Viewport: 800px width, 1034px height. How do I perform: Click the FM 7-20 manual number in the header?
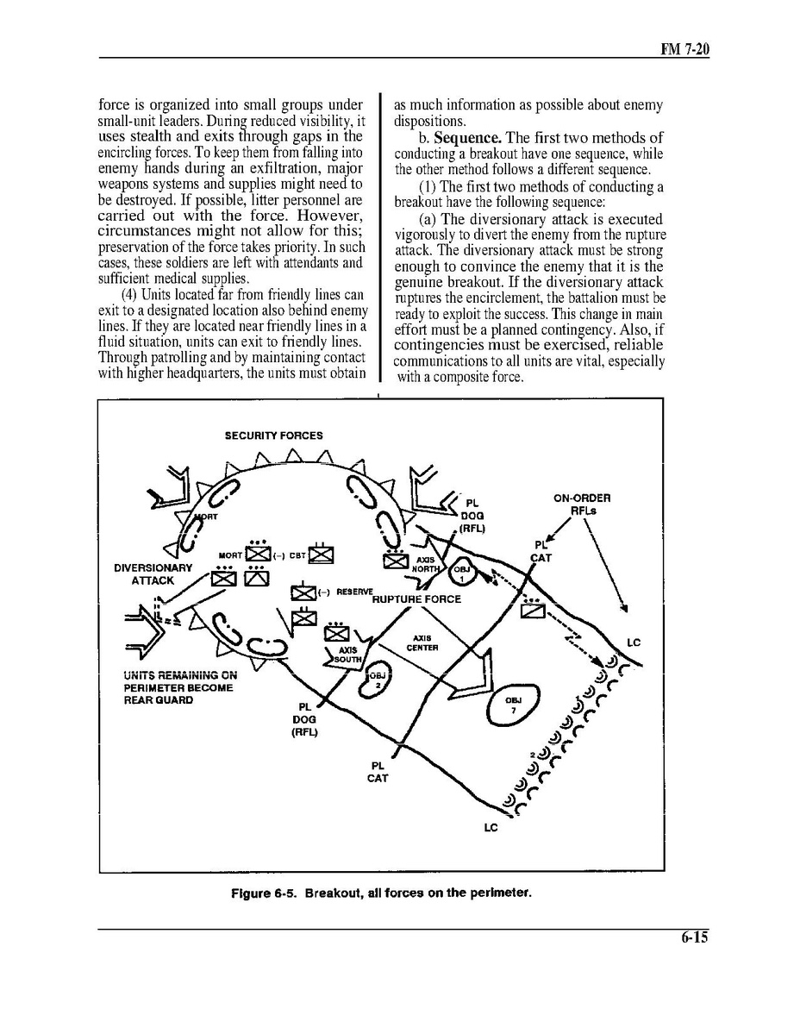coord(684,49)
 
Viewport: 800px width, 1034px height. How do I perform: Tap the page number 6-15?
coord(691,938)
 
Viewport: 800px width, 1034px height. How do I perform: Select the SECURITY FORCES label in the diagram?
coord(273,436)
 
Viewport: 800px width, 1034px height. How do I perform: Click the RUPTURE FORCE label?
coord(416,598)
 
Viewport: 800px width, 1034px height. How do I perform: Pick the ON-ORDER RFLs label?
coord(582,504)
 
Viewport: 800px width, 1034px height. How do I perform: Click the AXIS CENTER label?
coord(422,642)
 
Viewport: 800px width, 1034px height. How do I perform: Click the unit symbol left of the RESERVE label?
coord(303,592)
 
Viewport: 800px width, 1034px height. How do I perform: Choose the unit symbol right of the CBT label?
coord(321,555)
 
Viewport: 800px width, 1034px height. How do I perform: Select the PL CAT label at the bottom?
coord(378,771)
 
